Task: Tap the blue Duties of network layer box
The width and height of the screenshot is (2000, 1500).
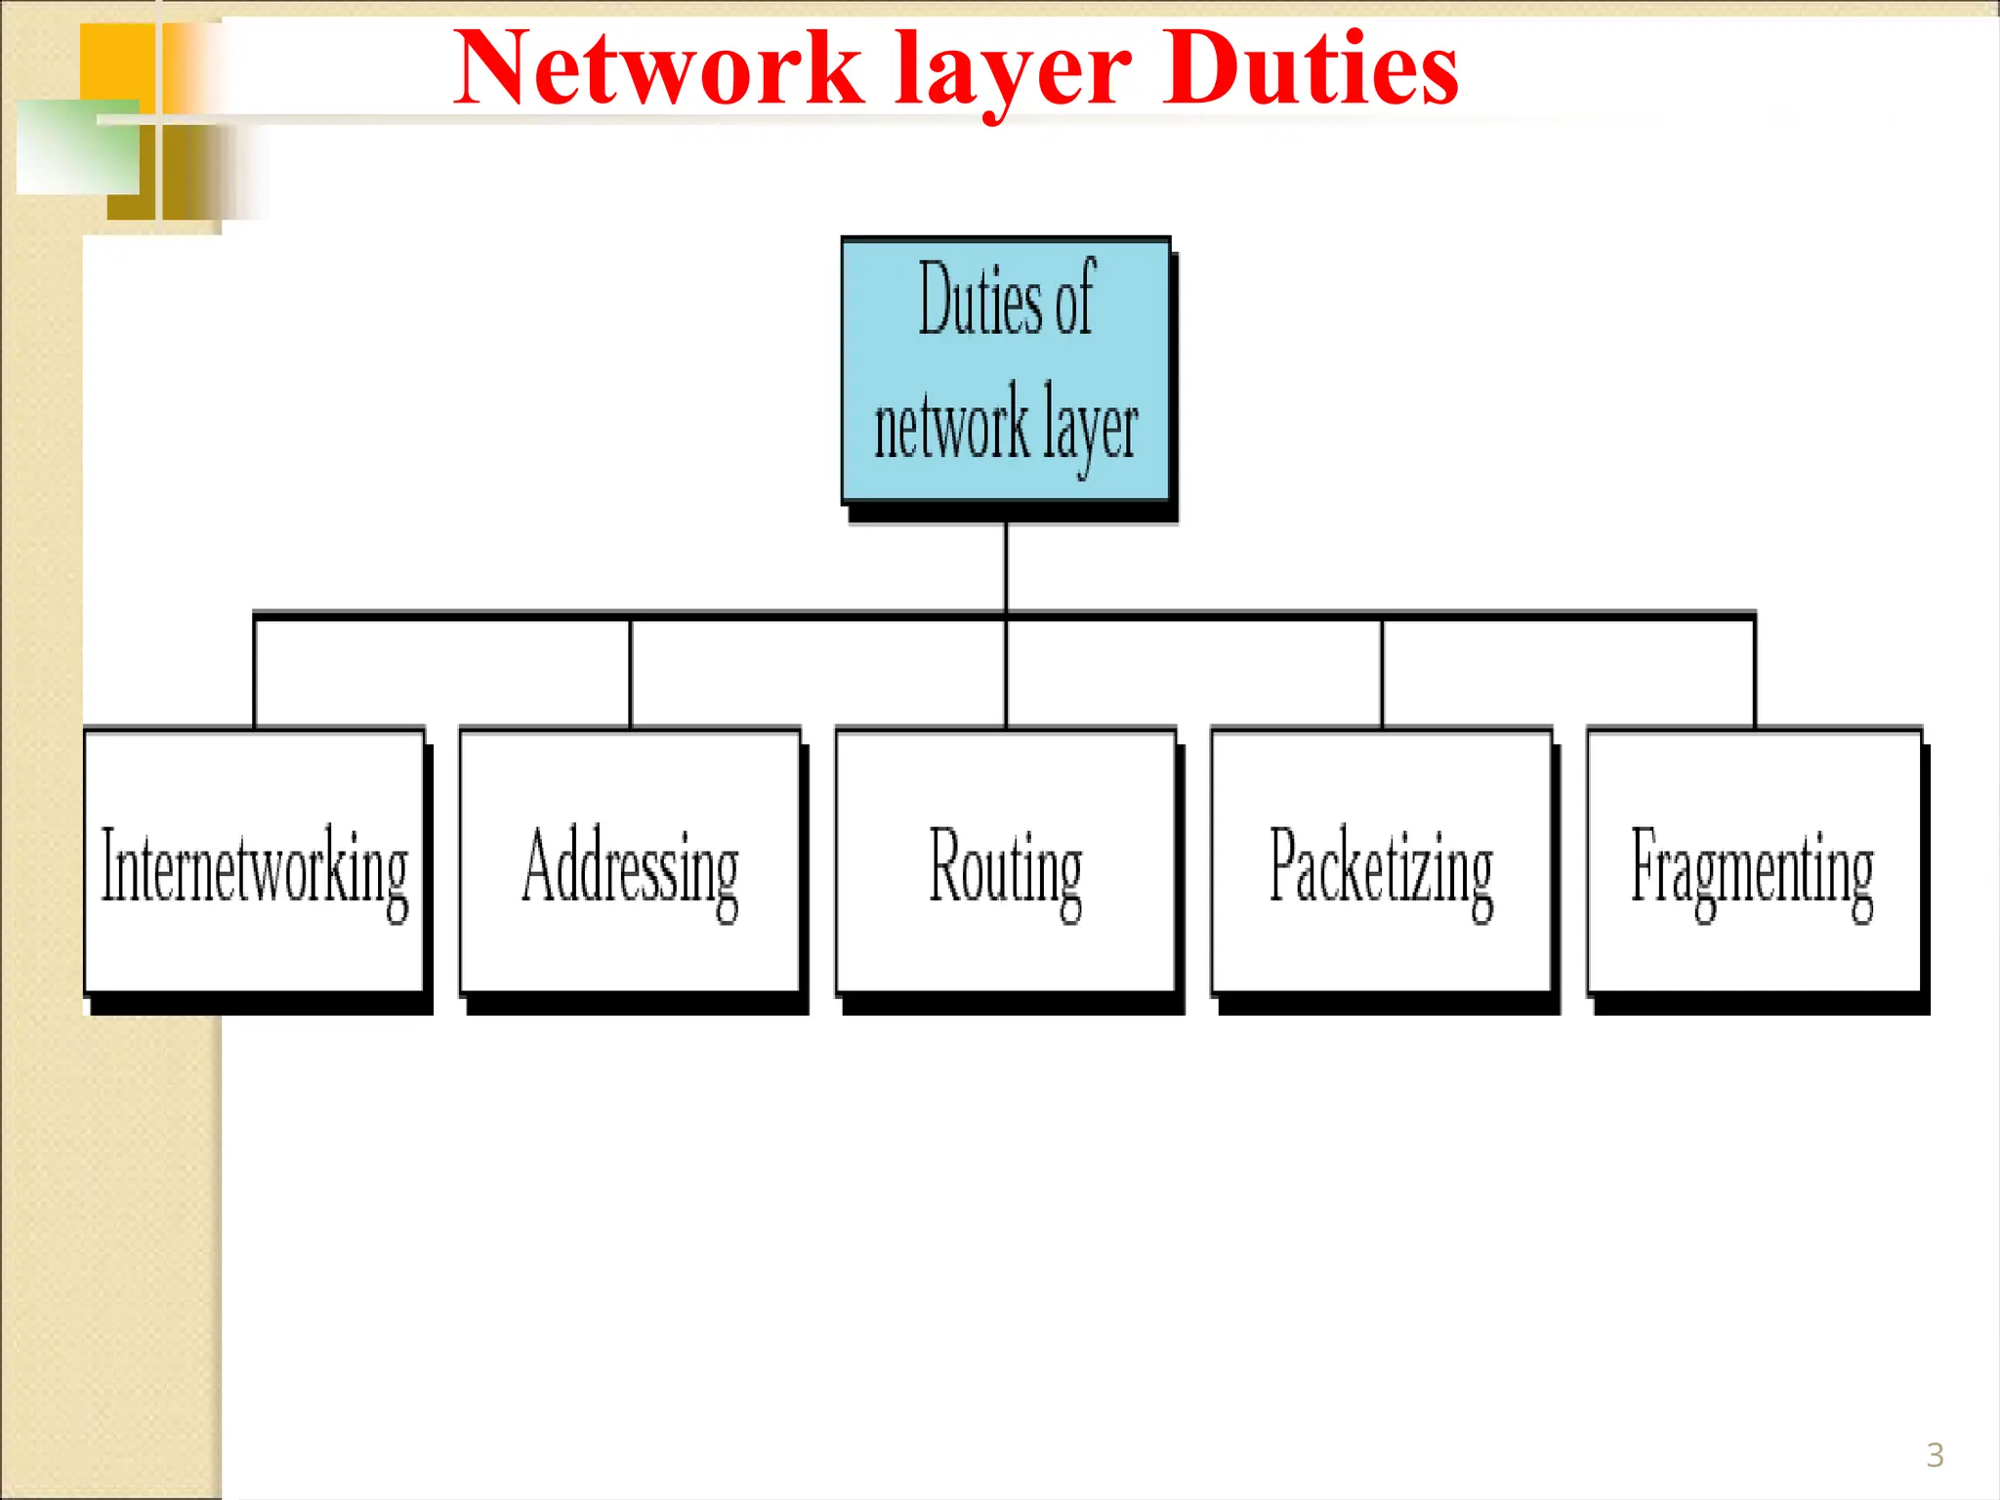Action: click(1006, 371)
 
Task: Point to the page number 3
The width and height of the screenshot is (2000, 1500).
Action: click(1935, 1455)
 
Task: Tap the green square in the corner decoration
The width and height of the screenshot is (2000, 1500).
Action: click(78, 146)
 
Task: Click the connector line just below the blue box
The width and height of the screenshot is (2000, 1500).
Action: click(1006, 566)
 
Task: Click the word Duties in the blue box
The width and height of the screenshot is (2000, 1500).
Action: click(980, 301)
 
